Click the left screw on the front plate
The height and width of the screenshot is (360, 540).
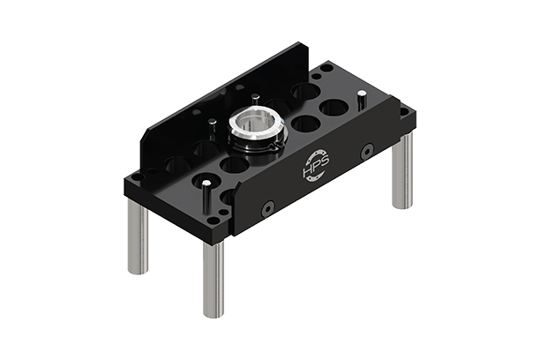coord(267,208)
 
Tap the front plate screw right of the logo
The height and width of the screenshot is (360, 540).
coord(367,151)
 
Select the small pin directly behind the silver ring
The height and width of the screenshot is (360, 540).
coord(254,97)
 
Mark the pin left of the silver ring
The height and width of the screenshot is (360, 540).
coord(212,123)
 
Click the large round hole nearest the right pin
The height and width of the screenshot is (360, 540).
coord(333,109)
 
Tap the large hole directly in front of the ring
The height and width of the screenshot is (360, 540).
coord(234,165)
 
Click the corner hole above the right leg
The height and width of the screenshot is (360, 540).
coord(404,112)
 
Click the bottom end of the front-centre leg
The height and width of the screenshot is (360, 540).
coord(214,311)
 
